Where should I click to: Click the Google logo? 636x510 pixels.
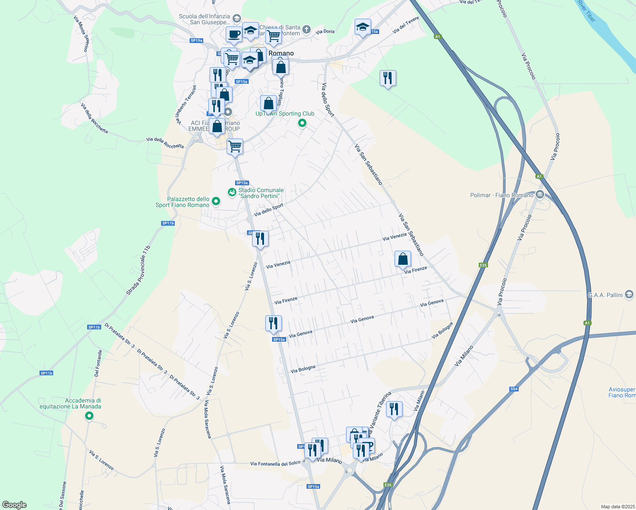(14, 505)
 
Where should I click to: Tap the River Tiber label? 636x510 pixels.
(587, 11)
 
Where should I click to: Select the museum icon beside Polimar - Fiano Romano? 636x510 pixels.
(540, 195)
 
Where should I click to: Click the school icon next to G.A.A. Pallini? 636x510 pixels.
(630, 295)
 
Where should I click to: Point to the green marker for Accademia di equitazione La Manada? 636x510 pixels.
(89, 416)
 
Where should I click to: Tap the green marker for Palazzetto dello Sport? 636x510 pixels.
(216, 201)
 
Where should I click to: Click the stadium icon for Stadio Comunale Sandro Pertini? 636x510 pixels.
(232, 193)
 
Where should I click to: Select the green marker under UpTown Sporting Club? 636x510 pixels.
(302, 123)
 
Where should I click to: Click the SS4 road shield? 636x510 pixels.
(514, 389)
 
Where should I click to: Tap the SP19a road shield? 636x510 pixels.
(196, 40)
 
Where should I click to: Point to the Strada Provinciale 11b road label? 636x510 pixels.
(138, 271)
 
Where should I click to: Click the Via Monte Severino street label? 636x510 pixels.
(82, 34)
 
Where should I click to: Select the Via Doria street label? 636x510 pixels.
(325, 31)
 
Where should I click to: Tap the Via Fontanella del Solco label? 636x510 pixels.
(275, 463)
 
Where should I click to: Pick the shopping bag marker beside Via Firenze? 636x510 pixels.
(403, 259)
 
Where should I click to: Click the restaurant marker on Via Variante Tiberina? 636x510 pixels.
(395, 409)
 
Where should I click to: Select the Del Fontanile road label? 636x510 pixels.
(98, 363)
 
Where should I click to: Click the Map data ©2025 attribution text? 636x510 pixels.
(617, 507)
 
